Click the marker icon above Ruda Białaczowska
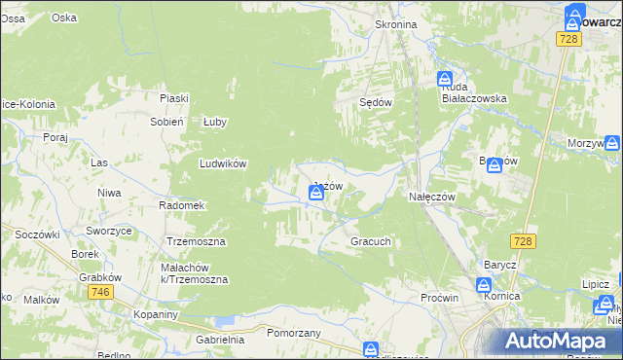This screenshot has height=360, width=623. click(x=444, y=78)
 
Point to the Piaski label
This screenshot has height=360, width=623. click(x=174, y=97)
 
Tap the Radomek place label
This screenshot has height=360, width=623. click(x=181, y=205)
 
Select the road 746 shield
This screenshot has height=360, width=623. click(x=98, y=292)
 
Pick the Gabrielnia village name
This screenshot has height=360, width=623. click(x=220, y=340)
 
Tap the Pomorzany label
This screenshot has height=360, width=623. click(x=293, y=332)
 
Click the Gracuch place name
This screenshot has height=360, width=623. click(x=371, y=241)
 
